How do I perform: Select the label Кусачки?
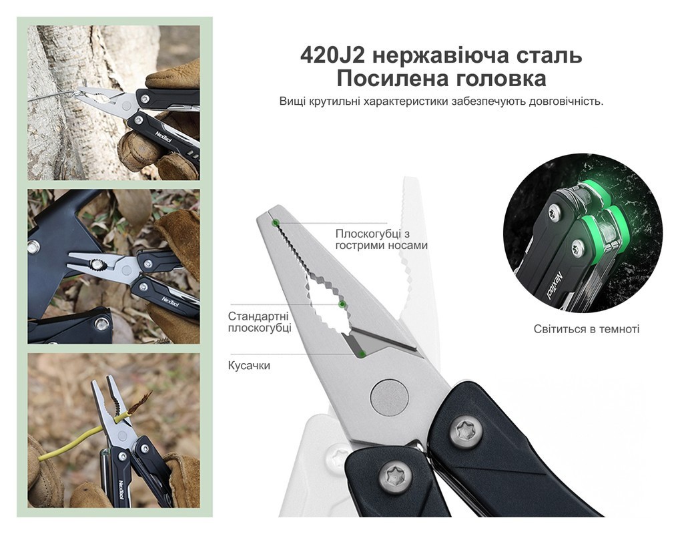(249, 365)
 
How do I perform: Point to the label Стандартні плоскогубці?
(260, 322)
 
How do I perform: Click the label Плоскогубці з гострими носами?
(381, 240)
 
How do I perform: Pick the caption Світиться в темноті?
(586, 329)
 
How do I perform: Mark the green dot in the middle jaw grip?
(342, 305)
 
